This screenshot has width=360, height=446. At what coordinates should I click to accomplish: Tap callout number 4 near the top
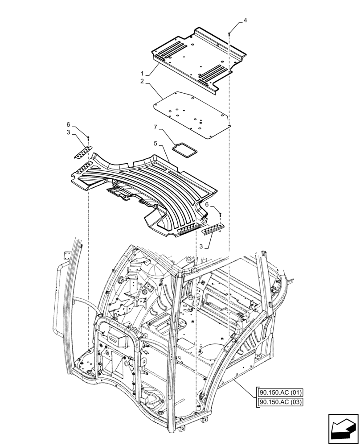click(x=245, y=21)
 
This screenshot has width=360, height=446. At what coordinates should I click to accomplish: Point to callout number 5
click(x=156, y=144)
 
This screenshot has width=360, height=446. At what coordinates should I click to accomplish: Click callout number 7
click(x=156, y=128)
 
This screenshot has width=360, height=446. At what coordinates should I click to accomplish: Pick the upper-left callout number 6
click(x=68, y=124)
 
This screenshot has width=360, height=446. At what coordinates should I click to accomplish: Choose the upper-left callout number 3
click(x=68, y=132)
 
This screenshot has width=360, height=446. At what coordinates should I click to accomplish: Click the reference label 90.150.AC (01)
click(x=279, y=393)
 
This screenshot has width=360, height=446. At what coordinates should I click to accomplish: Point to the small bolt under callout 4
click(x=229, y=32)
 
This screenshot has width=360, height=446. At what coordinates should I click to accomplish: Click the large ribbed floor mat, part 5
click(x=147, y=187)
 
